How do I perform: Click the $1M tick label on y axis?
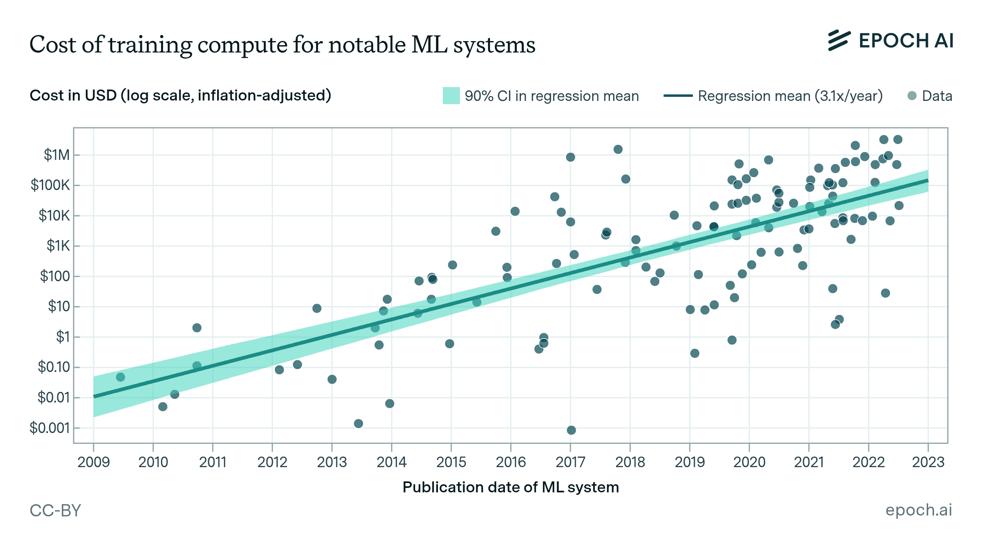point(57,155)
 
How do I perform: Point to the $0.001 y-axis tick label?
point(50,428)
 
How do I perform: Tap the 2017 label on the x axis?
point(570,462)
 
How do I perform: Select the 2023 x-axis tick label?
point(928,462)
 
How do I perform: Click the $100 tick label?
point(54,276)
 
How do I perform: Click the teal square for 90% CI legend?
point(451,96)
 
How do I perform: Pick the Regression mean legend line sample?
point(678,96)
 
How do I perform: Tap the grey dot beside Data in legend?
point(912,96)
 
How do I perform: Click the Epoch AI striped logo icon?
point(839,41)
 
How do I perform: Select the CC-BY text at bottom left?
point(55,510)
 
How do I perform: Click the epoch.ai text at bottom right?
point(919,510)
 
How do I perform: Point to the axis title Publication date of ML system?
point(510,487)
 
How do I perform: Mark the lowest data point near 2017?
point(571,430)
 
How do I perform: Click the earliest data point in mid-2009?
point(120,377)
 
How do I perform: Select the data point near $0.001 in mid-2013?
point(358,424)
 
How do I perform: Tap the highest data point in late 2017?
point(618,149)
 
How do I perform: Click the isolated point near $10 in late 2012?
point(317,308)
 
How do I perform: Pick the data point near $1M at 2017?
point(570,157)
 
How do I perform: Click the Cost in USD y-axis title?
point(180,96)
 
